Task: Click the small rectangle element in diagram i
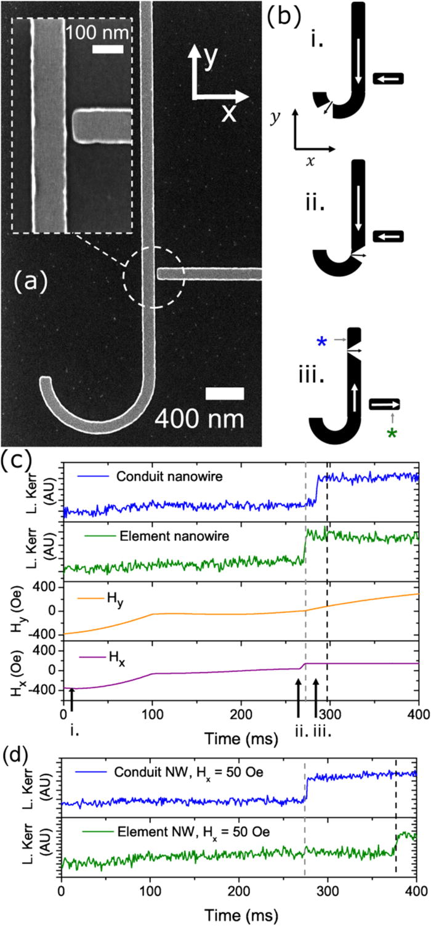click(389, 78)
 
